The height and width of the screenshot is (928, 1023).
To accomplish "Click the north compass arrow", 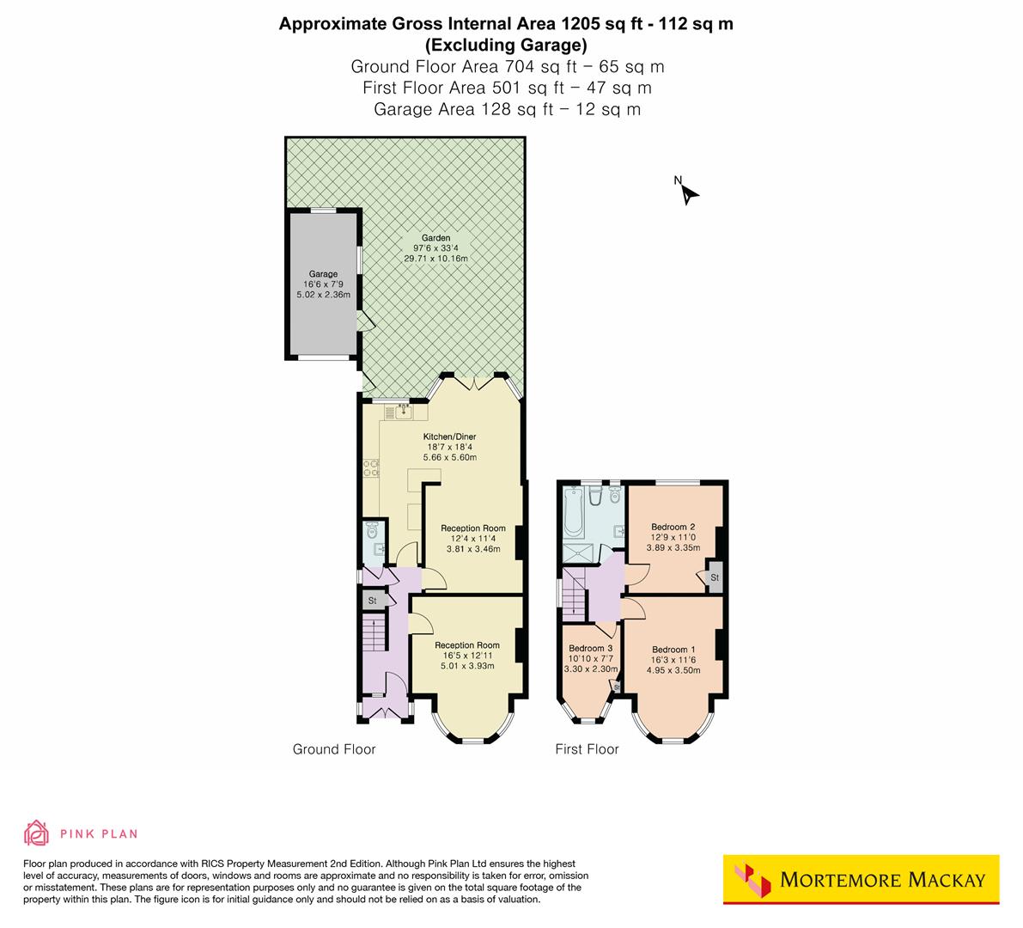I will tap(688, 193).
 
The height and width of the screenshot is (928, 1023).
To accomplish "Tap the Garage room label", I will tap(324, 274).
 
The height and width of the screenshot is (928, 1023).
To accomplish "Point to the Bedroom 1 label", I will tap(673, 650).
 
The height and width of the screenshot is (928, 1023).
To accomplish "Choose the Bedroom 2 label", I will tap(673, 527).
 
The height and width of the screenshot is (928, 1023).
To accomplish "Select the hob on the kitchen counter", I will tap(371, 468).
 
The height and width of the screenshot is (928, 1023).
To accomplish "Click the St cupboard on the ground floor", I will tap(373, 601).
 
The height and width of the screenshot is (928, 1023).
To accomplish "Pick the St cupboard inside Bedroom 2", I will tap(714, 578).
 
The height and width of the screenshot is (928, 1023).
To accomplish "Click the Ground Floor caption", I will tap(334, 749).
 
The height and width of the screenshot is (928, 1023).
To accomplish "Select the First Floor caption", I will tap(587, 749).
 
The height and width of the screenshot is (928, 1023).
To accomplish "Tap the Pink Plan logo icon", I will tap(36, 833).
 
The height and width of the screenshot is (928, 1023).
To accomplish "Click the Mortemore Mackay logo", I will tap(862, 879).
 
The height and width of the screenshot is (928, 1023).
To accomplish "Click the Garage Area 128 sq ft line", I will tap(507, 109).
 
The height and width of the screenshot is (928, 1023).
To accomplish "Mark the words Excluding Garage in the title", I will tap(507, 46).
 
